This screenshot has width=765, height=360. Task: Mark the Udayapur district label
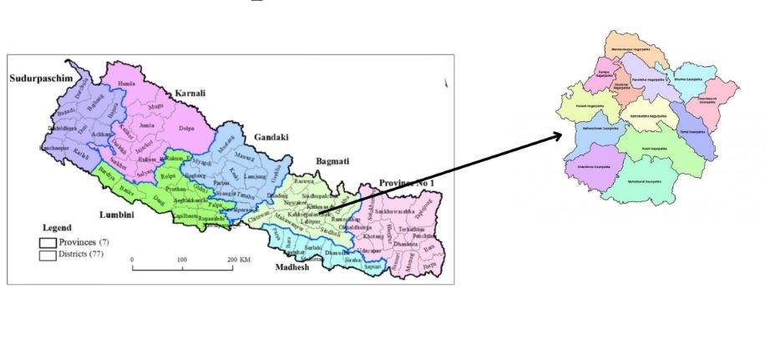(368, 251)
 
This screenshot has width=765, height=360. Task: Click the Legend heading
(56, 227)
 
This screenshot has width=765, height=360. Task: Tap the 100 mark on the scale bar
(181, 261)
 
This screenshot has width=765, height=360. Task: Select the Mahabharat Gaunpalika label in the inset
(644, 180)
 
